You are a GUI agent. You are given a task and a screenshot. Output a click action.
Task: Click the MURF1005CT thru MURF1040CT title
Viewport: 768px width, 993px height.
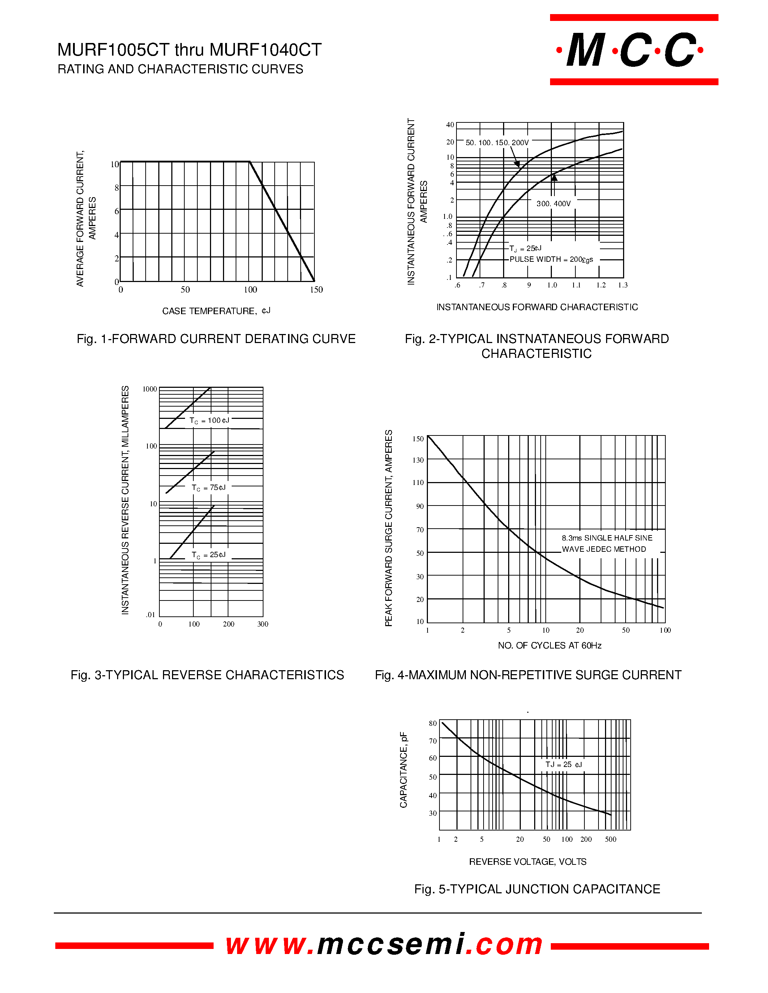coord(189,49)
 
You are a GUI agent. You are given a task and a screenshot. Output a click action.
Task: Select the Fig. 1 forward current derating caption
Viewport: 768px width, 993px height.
coord(216,339)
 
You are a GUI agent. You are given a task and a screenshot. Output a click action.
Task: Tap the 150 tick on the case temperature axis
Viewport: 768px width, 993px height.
coord(316,290)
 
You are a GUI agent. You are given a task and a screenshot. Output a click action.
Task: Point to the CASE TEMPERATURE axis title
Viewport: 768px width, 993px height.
coord(216,311)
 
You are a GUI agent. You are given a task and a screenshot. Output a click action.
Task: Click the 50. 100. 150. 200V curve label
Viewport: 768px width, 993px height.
coord(497,143)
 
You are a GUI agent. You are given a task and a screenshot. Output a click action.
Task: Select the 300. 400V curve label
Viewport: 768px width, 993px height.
coord(553,204)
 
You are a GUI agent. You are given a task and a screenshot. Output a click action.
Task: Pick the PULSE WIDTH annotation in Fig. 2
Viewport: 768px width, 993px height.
coord(551,259)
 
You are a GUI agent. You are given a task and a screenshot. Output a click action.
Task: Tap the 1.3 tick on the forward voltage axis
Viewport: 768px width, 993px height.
coord(622,285)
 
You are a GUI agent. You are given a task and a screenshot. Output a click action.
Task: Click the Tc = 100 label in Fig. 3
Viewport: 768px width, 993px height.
coord(209,421)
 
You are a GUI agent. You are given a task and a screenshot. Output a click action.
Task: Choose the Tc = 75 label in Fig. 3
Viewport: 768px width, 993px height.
coord(209,488)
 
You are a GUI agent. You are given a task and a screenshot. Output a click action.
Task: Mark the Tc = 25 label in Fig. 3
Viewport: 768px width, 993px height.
coord(209,555)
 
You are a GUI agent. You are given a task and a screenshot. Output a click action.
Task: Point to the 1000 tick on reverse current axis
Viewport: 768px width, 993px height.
coord(150,389)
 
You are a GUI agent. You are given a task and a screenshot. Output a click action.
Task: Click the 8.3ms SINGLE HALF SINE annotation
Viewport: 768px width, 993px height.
coord(607,538)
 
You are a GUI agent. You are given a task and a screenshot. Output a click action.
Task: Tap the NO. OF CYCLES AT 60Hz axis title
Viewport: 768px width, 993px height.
coord(550,646)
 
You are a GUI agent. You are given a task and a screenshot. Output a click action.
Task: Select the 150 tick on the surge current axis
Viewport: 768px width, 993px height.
coord(418,439)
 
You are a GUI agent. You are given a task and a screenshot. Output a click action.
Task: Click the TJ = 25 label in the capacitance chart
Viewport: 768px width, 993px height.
coord(563,765)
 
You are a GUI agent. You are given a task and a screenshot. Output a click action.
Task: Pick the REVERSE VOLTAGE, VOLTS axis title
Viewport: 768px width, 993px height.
coord(528,862)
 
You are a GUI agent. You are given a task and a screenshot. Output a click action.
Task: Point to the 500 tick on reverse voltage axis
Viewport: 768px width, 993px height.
coord(610,839)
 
